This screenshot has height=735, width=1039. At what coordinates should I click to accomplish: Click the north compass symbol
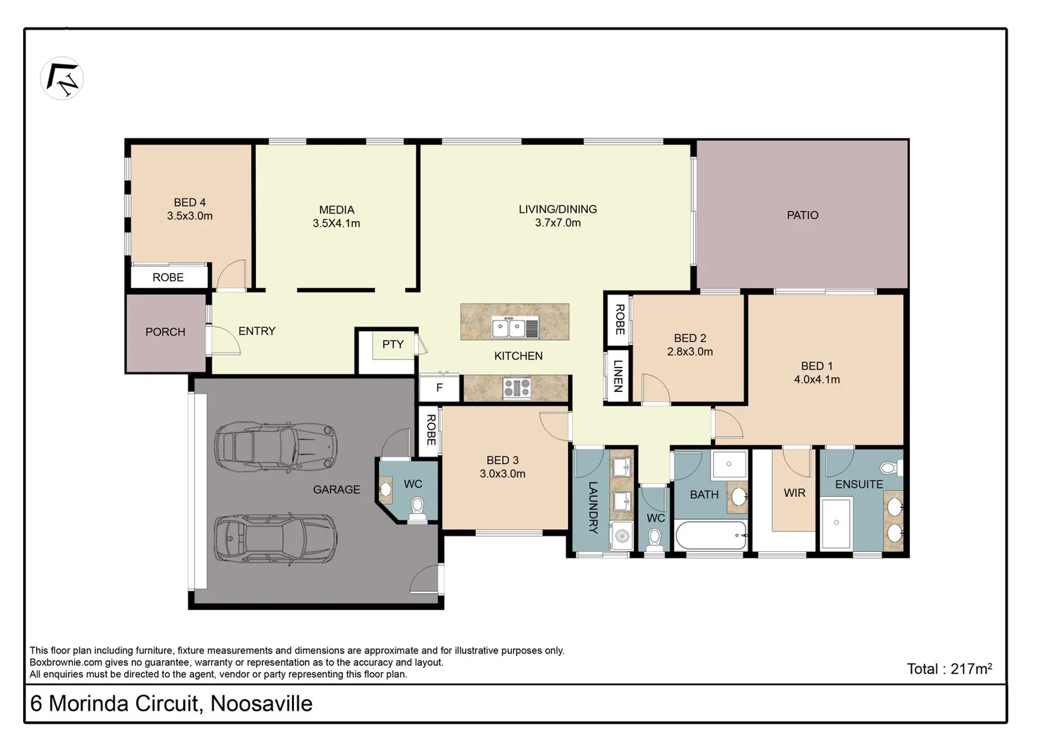point(62,78)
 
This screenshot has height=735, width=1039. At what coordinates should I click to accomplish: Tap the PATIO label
point(802,215)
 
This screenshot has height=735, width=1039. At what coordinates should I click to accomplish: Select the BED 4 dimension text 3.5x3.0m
point(190,216)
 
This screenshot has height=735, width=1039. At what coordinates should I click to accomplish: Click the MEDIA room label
point(337,210)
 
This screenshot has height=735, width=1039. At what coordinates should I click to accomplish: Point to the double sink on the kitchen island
point(515,328)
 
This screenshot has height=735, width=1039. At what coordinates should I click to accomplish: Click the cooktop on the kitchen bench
point(516,389)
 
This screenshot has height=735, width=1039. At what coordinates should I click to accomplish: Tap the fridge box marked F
point(440,388)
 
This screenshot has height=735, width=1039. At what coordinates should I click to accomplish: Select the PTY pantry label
point(393,344)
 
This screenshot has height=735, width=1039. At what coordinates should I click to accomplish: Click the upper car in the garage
point(276,447)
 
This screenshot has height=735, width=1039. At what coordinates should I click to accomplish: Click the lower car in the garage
point(276,538)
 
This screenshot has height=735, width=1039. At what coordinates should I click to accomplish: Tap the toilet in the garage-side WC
point(417,508)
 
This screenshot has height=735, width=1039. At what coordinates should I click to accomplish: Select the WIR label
point(794,493)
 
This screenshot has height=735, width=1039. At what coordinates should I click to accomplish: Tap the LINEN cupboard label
point(618,376)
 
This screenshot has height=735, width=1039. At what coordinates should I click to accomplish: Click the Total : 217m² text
point(949,669)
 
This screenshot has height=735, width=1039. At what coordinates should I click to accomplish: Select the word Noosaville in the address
point(261,704)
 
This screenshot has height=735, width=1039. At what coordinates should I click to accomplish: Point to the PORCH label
point(165,332)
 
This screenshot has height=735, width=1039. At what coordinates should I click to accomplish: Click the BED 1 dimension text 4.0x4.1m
point(817,380)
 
